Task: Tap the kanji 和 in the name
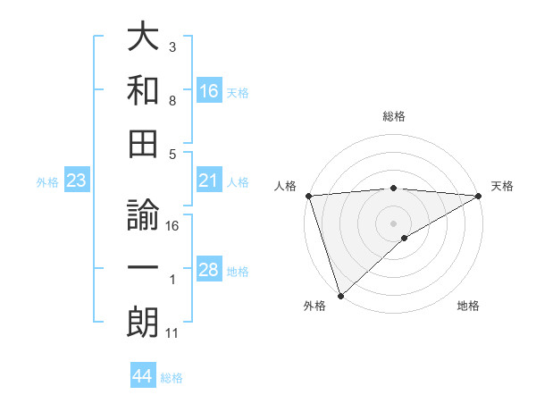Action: click(x=143, y=89)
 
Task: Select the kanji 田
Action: click(x=143, y=143)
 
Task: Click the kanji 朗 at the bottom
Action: click(x=143, y=323)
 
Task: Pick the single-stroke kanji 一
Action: click(x=143, y=269)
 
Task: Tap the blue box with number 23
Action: click(x=77, y=181)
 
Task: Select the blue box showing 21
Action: click(x=209, y=181)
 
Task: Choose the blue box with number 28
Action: click(x=209, y=271)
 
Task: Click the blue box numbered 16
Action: click(x=209, y=90)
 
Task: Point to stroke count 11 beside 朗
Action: click(x=172, y=334)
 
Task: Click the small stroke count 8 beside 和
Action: click(x=172, y=101)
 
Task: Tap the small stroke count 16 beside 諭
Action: click(x=172, y=226)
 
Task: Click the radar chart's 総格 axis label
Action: click(x=394, y=116)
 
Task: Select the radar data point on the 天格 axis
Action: click(x=479, y=196)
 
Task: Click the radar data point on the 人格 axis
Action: click(x=308, y=196)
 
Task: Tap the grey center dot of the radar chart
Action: click(x=394, y=223)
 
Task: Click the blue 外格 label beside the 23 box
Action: click(x=47, y=182)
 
